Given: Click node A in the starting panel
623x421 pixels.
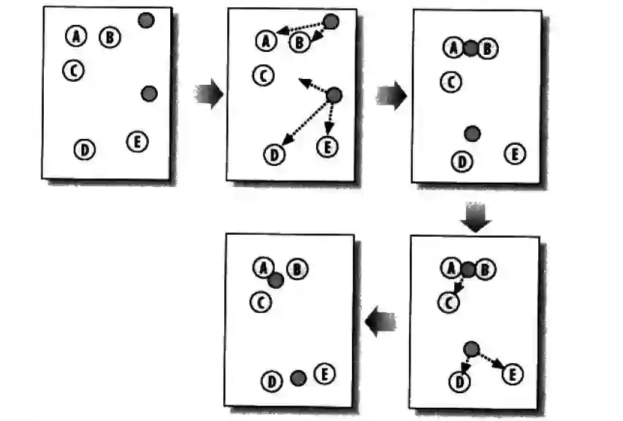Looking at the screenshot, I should (76, 35).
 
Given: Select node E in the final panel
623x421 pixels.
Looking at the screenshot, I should (324, 375).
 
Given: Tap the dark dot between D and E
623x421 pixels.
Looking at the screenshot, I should (297, 378).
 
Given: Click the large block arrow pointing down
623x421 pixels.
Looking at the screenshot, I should (475, 218).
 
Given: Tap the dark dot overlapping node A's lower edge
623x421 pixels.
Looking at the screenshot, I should (275, 280).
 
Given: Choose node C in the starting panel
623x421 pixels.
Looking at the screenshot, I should (73, 69).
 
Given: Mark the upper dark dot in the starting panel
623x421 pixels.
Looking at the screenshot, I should (146, 20).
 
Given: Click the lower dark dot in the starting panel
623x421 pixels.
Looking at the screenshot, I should (149, 94).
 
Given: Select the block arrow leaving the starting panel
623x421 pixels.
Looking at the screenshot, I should (209, 95).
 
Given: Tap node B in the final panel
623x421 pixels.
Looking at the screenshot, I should (297, 270).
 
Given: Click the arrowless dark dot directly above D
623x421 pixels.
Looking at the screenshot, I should (473, 133).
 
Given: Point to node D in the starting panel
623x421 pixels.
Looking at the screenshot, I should (85, 150).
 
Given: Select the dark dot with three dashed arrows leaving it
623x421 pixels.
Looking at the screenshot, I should (335, 95).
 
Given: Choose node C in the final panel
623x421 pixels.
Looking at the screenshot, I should (260, 300).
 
